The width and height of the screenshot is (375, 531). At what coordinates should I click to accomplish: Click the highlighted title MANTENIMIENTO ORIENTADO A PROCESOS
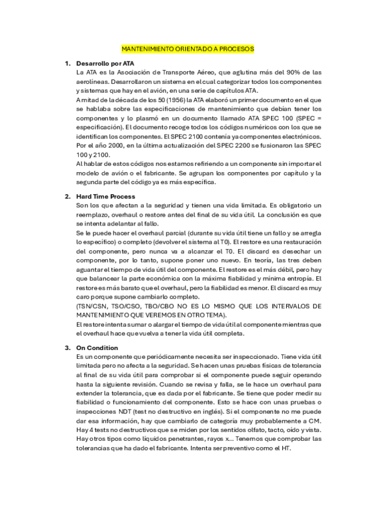coord(188,48)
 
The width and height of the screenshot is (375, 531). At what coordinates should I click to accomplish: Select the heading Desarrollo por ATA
coord(105,64)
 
